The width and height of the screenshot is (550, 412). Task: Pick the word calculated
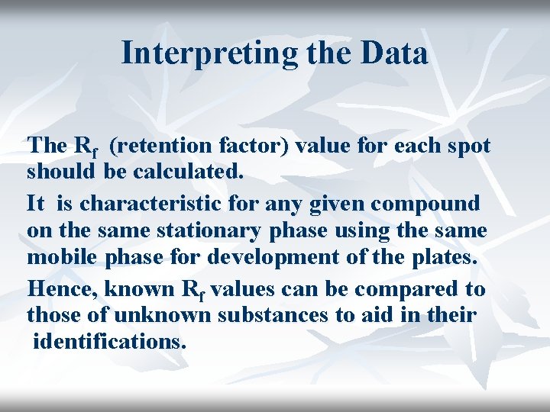[x=188, y=172]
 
